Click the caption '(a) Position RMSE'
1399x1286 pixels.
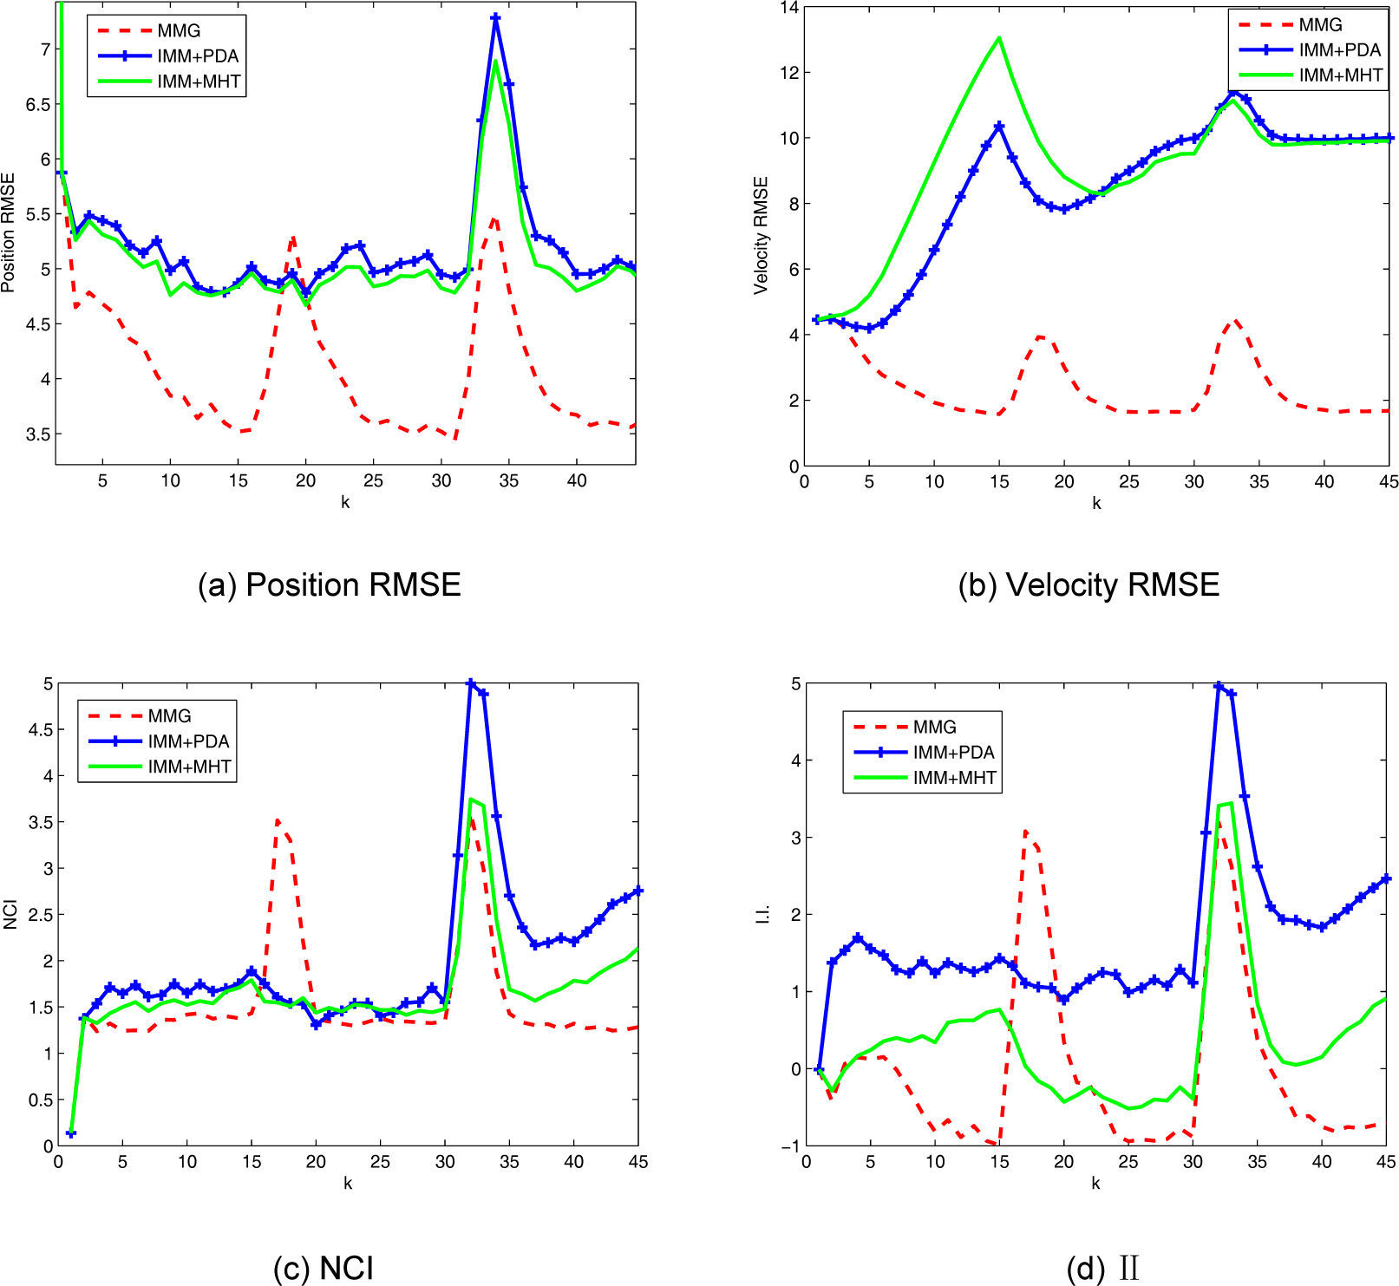tap(329, 585)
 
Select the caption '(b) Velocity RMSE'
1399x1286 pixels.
tap(1088, 585)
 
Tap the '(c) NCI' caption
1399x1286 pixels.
tap(323, 1268)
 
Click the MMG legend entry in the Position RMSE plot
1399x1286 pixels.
tap(179, 31)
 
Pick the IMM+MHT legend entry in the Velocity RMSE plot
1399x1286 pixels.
tap(1340, 75)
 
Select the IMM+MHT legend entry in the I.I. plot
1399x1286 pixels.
tap(954, 778)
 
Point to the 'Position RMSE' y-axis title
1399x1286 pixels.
tap(9, 235)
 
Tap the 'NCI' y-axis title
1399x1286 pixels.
tap(10, 916)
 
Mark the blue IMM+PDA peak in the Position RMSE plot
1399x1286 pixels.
tap(496, 17)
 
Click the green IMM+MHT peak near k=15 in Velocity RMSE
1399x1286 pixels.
tap(999, 38)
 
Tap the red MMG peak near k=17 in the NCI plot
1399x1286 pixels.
tap(278, 819)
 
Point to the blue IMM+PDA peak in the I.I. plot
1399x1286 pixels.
tap(1219, 686)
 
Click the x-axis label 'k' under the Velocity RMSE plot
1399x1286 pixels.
tap(1096, 503)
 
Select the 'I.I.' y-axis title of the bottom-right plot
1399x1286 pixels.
tap(762, 916)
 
